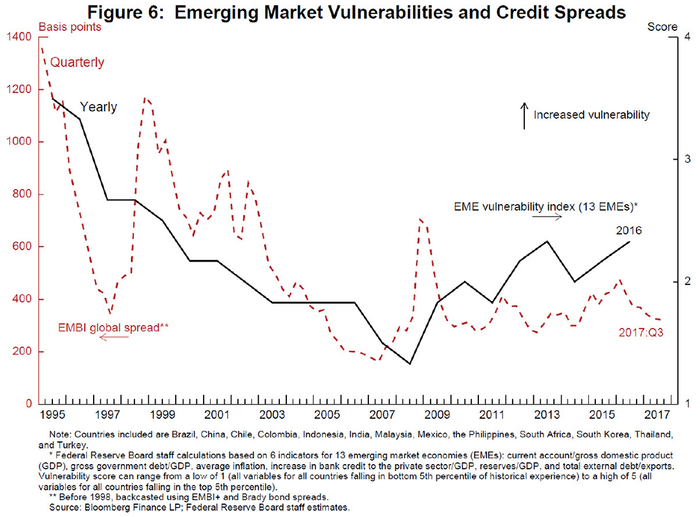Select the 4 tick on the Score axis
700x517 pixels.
tap(688, 37)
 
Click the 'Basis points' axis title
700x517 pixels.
tap(70, 26)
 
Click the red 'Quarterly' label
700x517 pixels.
tap(77, 63)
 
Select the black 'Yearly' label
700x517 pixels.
tap(98, 107)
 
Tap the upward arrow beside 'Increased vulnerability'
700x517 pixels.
tap(524, 116)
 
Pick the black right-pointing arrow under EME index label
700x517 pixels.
tap(547, 218)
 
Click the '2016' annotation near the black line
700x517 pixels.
tap(628, 229)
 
